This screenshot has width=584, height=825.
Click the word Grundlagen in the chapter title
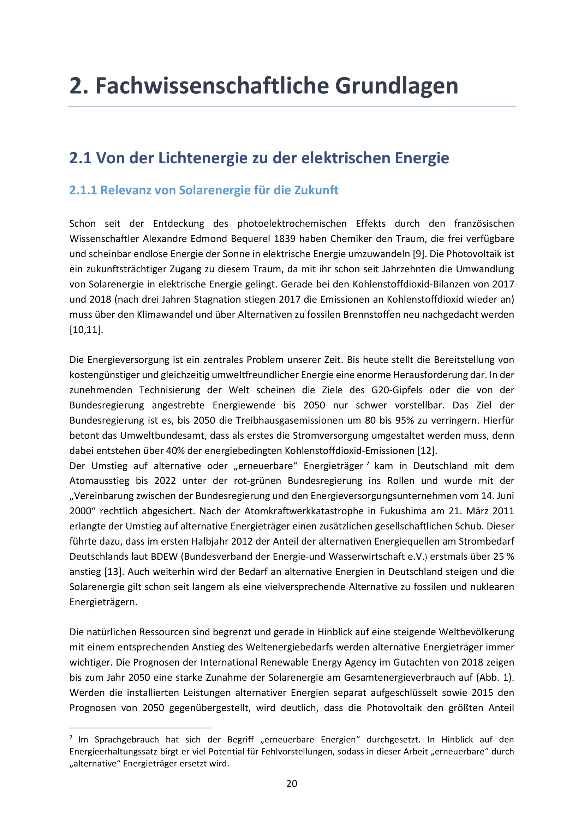coord(397,86)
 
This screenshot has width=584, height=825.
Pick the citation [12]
coord(427,450)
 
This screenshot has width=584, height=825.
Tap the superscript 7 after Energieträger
coord(368,463)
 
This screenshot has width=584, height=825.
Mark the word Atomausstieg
coord(99,481)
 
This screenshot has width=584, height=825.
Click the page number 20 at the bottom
coord(292,784)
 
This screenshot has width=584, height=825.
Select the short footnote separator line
coord(139,728)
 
